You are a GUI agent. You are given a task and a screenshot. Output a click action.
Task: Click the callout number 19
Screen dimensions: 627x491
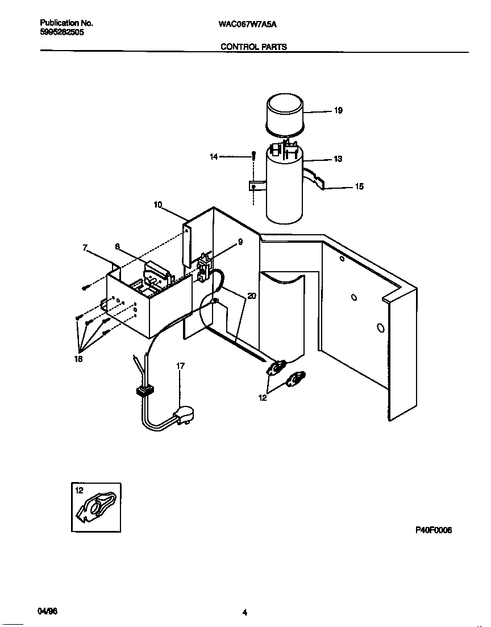click(x=338, y=111)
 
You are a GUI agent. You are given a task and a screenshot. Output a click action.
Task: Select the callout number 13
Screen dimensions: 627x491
click(x=338, y=159)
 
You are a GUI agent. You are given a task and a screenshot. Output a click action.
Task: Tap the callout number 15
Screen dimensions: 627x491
click(x=359, y=186)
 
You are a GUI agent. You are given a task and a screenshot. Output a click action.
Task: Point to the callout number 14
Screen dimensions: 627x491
click(x=214, y=157)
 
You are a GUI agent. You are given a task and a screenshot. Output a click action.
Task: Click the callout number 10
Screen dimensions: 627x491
click(x=158, y=204)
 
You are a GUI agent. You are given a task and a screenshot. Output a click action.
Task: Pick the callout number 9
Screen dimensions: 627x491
click(x=240, y=242)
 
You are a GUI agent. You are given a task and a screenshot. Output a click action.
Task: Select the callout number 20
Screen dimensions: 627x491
click(x=252, y=296)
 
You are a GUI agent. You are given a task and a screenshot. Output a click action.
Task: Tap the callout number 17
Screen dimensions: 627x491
click(x=180, y=366)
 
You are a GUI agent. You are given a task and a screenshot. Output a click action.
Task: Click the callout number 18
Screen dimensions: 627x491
click(x=78, y=359)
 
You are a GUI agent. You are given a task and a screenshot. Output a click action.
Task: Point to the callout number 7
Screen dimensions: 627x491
click(x=85, y=248)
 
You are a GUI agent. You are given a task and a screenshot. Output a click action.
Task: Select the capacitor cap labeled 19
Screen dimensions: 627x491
click(x=285, y=114)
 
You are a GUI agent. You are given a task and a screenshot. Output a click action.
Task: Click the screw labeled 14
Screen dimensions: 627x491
click(x=253, y=156)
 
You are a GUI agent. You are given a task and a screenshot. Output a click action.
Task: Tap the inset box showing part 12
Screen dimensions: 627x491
click(x=96, y=507)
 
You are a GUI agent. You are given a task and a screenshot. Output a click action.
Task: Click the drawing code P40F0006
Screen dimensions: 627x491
click(x=433, y=530)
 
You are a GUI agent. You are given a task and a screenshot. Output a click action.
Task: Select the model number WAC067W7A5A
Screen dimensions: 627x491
click(x=251, y=24)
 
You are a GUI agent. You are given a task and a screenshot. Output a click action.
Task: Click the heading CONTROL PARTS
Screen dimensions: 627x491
click(x=253, y=47)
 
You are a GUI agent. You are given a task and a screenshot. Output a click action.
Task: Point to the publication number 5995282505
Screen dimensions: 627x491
click(x=62, y=33)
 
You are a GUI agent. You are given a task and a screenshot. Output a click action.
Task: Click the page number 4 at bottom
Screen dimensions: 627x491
click(x=244, y=612)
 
